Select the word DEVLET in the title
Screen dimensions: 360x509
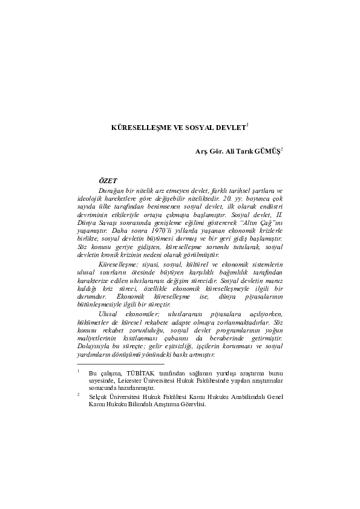click(231, 129)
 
